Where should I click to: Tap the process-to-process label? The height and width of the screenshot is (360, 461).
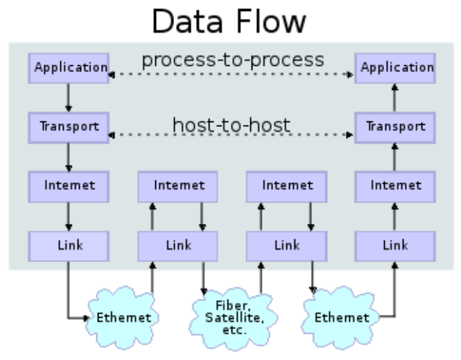coord(232,60)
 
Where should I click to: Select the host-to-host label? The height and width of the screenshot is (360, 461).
coord(232,126)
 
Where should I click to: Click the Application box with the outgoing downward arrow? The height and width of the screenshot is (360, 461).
coord(68,68)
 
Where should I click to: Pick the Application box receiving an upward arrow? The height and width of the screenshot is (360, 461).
coord(395,68)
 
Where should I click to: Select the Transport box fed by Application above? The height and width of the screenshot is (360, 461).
coord(68,128)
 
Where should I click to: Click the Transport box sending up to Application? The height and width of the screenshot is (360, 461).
coord(395,128)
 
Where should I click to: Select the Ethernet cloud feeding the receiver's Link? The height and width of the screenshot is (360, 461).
coord(342,318)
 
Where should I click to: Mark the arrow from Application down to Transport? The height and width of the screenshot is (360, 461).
coord(68,98)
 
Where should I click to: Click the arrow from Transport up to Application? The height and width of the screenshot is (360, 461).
coord(395,98)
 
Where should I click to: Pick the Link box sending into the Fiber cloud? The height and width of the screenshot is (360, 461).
coord(177,245)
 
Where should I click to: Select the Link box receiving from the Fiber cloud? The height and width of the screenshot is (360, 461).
coord(286,245)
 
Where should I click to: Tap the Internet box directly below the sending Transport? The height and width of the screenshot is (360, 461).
coord(68,186)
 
